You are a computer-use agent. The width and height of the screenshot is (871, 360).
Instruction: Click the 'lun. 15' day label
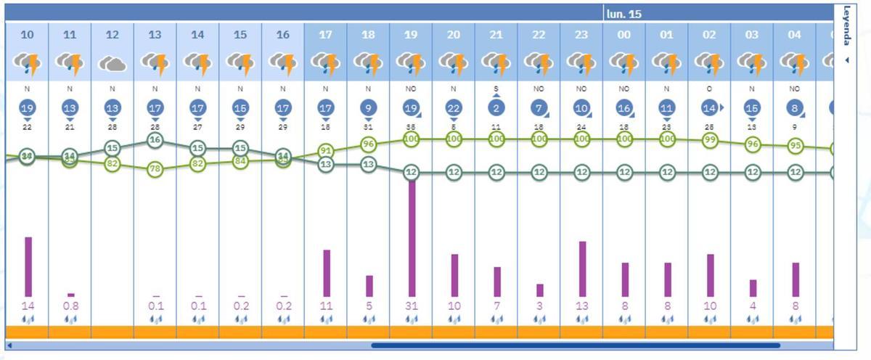click(624, 14)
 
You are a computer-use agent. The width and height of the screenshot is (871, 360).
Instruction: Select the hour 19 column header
click(411, 34)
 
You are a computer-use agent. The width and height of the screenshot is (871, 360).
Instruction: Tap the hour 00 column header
click(624, 34)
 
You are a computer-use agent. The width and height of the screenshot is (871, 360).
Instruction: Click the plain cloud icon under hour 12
click(113, 65)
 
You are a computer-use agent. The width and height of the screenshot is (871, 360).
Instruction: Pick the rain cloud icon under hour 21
click(496, 65)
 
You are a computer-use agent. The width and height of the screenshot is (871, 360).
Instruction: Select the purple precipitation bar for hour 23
click(582, 269)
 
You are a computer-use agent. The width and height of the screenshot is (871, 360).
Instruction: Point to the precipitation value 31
click(412, 306)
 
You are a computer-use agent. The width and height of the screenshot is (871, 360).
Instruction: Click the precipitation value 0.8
click(70, 306)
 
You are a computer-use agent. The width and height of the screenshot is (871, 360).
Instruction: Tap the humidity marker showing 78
click(155, 169)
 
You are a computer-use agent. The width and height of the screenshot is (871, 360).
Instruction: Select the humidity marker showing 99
click(710, 139)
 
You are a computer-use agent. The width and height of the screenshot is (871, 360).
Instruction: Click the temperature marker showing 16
click(155, 140)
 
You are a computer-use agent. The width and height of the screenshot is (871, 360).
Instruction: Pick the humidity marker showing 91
click(326, 151)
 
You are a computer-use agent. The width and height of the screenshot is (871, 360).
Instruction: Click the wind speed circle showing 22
click(454, 107)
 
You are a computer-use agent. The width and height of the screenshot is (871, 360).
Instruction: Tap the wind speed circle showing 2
click(496, 107)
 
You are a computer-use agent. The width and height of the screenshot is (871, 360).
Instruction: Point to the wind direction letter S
click(496, 89)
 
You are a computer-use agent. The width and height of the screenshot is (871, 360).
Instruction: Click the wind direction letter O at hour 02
click(710, 89)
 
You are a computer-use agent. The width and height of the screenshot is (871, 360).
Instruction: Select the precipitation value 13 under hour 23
click(582, 306)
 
